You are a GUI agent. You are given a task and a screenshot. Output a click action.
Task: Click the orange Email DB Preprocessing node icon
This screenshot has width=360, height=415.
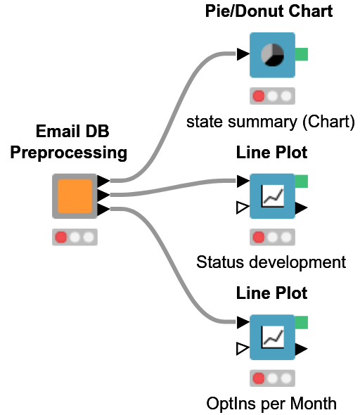pyautogui.click(x=75, y=196)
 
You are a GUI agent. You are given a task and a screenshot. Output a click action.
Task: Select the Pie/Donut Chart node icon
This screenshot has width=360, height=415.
pyautogui.click(x=272, y=55)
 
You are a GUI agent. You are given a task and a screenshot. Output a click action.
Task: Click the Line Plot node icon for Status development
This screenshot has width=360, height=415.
pyautogui.click(x=272, y=196)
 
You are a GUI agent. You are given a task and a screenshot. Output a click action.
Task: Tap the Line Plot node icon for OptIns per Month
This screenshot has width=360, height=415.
pyautogui.click(x=272, y=338)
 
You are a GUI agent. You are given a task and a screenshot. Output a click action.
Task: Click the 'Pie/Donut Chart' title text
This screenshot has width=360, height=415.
pyautogui.click(x=269, y=11)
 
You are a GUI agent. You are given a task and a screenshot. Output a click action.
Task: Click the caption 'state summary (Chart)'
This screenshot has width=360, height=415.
pyautogui.click(x=270, y=121)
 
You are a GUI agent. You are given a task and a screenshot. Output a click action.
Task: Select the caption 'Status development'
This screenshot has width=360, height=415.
pyautogui.click(x=271, y=262)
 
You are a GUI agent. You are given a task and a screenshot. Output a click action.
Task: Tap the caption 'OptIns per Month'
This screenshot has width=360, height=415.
pyautogui.click(x=271, y=404)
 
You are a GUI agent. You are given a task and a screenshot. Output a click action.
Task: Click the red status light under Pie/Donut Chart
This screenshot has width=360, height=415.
pyautogui.click(x=258, y=96)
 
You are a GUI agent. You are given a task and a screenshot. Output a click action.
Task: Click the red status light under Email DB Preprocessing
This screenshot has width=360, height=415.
pyautogui.click(x=61, y=237)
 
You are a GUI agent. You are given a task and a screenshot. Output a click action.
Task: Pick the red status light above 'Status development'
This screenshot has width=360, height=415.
pyautogui.click(x=258, y=237)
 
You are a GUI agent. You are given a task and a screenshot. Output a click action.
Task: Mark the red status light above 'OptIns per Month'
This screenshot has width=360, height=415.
pyautogui.click(x=258, y=378)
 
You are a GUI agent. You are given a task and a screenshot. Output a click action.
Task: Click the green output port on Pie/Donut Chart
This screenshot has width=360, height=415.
pyautogui.click(x=302, y=55)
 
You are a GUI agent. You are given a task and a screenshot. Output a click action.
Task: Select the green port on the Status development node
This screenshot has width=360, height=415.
pyautogui.click(x=302, y=182)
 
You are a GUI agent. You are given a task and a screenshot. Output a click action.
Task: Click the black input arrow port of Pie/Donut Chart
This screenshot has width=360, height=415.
pyautogui.click(x=243, y=54)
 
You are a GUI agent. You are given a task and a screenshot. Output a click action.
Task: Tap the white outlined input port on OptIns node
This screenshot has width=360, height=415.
pyautogui.click(x=243, y=348)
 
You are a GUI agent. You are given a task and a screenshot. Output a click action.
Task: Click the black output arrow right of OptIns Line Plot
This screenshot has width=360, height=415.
pyautogui.click(x=301, y=348)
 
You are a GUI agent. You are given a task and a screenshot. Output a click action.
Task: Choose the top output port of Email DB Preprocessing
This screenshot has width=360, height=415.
pyautogui.click(x=103, y=181)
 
